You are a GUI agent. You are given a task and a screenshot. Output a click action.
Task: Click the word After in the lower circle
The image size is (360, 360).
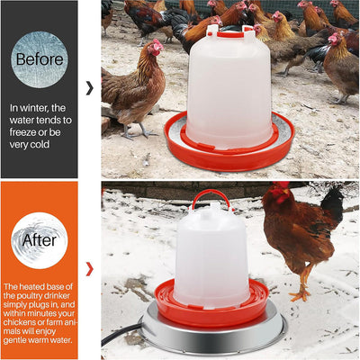39,240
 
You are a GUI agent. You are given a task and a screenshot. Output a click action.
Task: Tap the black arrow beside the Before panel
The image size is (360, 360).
88,87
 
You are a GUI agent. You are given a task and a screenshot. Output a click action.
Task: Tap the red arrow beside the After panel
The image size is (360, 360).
88,268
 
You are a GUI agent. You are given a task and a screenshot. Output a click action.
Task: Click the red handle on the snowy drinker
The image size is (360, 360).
210,198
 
